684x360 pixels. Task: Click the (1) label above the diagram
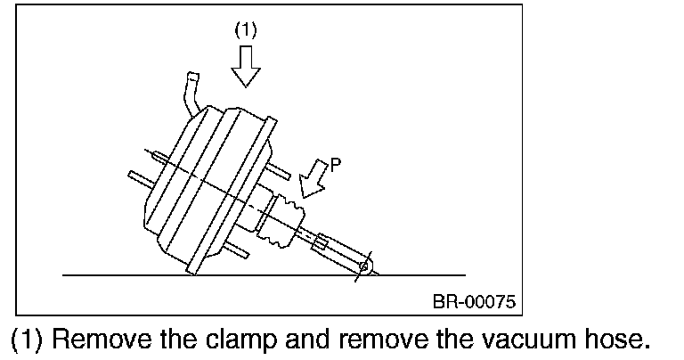coord(246,29)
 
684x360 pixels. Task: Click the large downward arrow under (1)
coord(246,64)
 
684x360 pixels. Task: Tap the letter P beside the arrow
coord(335,165)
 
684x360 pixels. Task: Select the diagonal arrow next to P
coord(313,178)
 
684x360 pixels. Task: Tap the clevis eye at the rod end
coord(363,266)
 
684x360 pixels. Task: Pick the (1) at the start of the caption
coord(26,340)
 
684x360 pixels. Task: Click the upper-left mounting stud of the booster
coord(157,157)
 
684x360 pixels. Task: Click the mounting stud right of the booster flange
coord(277,168)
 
